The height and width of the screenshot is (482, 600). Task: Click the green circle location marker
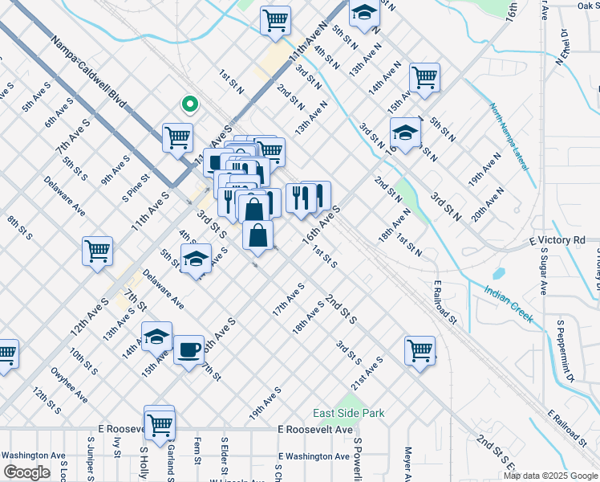[189, 103]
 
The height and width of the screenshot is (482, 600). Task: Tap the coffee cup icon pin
[189, 350]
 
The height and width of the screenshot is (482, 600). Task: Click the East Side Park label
[348, 414]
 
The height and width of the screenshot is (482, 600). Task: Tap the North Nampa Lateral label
[510, 133]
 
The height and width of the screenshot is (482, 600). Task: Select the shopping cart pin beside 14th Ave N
[424, 78]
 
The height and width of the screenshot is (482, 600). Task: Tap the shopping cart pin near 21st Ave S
[420, 350]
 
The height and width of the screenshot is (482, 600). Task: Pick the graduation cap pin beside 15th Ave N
[406, 132]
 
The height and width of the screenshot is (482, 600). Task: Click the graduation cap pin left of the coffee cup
[157, 336]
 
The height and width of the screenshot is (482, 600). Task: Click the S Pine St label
[136, 188]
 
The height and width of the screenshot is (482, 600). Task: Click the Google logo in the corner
[26, 472]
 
